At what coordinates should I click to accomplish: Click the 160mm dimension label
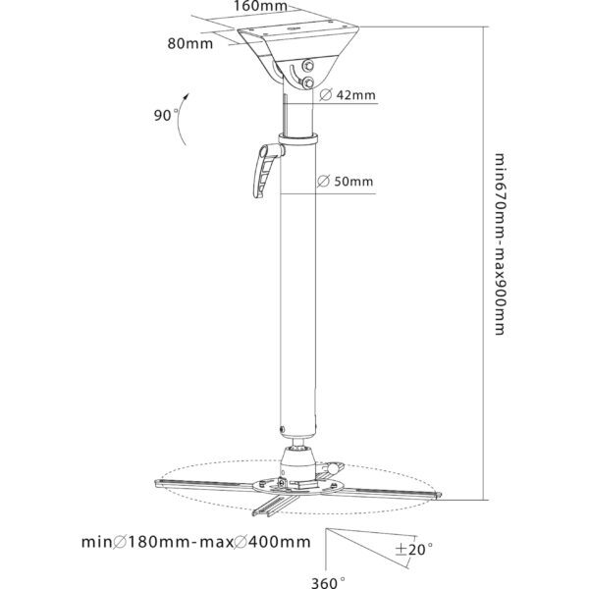(x=261, y=5)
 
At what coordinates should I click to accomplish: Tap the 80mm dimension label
(x=190, y=43)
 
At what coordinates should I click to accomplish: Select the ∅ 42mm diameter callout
(x=348, y=94)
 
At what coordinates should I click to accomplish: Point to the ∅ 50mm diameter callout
(x=346, y=181)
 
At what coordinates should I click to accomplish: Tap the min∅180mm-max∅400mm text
(x=196, y=542)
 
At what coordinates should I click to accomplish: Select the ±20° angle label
(x=413, y=550)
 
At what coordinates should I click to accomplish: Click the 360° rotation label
(x=328, y=582)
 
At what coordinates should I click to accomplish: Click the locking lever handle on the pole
(x=266, y=171)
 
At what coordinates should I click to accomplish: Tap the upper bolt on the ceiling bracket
(x=308, y=66)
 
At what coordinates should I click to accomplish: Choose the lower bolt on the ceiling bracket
(x=308, y=82)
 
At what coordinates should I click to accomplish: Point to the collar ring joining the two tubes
(x=297, y=138)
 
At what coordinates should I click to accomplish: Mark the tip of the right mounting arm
(x=439, y=495)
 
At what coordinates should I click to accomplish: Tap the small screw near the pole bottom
(x=282, y=429)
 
